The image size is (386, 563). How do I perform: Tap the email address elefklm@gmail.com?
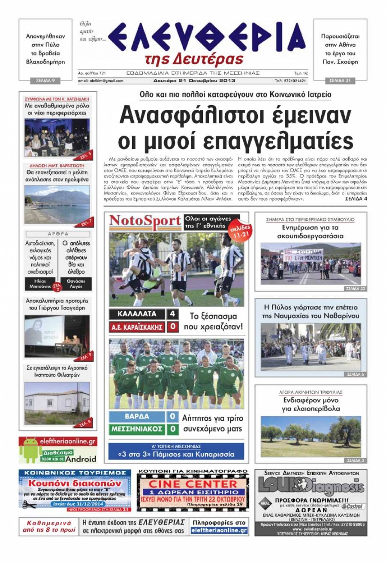click(x=101, y=81)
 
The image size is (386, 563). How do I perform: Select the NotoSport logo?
click(x=145, y=222)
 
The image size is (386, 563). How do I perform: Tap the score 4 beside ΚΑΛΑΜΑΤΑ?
click(x=172, y=314)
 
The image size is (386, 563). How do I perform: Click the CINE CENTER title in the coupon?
click(x=193, y=483)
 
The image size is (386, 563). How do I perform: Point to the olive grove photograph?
click(x=311, y=436)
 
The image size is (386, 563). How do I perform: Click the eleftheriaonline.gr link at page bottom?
click(x=219, y=530)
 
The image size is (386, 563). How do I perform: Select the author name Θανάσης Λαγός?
click(x=75, y=284)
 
